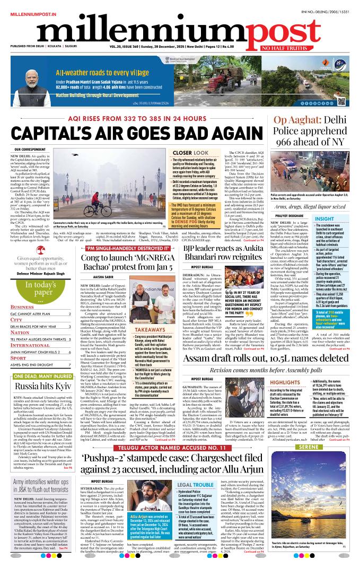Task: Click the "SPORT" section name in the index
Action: point(19,344)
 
